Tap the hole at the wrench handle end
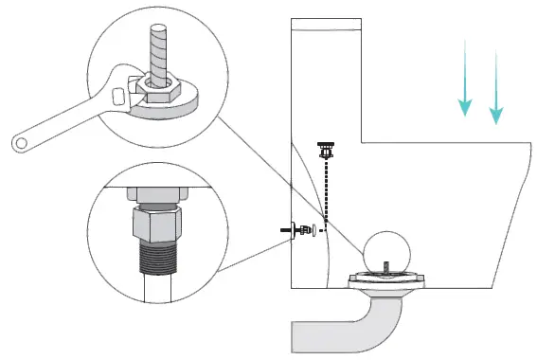pyautogui.click(x=21, y=144)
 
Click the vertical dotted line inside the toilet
pyautogui.click(x=327, y=189)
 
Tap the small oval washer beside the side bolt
pyautogui.click(x=314, y=229)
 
